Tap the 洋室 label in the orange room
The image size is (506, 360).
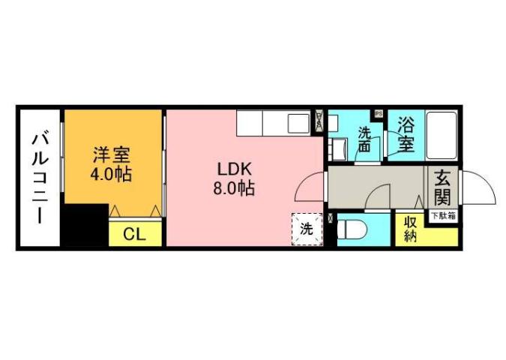pyautogui.click(x=112, y=156)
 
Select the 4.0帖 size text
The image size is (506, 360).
pyautogui.click(x=112, y=175)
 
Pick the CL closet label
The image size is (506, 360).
pyautogui.click(x=134, y=235)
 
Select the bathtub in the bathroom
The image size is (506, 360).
pyautogui.click(x=445, y=136)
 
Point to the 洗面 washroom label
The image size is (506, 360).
pyautogui.click(x=364, y=140)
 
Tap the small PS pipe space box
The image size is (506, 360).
pyautogui.click(x=379, y=114)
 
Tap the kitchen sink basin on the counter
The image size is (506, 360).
pyautogui.click(x=298, y=122)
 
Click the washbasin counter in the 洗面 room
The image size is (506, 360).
pyautogui.click(x=337, y=148)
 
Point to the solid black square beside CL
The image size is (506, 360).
pyautogui.click(x=85, y=226)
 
